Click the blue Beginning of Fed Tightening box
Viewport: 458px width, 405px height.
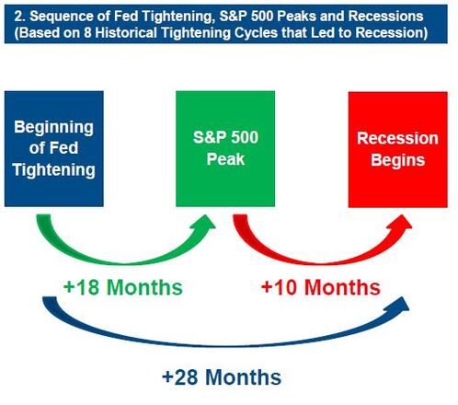pos(54,149)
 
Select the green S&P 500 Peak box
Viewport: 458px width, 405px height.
pos(225,149)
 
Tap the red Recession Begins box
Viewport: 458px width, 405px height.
pos(398,149)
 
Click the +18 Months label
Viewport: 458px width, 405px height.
pos(123,287)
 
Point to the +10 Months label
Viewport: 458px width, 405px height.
pos(321,287)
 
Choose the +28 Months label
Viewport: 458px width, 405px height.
pos(222,376)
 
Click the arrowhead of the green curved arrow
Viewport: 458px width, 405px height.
pos(205,222)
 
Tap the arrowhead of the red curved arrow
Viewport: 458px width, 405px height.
pos(401,222)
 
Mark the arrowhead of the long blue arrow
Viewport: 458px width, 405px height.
pos(400,305)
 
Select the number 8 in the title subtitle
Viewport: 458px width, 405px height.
pos(87,32)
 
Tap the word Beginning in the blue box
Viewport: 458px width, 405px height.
pos(54,127)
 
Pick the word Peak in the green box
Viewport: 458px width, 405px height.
pos(225,159)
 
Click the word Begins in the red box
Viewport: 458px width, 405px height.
pos(398,160)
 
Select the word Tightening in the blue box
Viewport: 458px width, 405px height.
pos(54,169)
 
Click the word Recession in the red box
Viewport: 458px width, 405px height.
pos(398,138)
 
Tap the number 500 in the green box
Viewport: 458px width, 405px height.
pos(245,137)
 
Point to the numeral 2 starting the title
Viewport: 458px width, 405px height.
pos(18,17)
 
